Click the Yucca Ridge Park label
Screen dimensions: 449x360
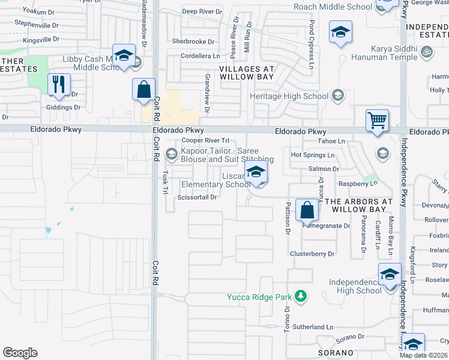coord(259,297)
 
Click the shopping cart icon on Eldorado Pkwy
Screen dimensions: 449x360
coord(377,121)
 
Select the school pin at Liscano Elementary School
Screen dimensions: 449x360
coord(256,173)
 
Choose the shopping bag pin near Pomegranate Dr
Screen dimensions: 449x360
coord(307,211)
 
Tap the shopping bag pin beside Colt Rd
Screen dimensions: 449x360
coord(144,90)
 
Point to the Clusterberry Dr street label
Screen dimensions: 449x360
coord(312,254)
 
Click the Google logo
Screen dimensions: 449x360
coord(20,353)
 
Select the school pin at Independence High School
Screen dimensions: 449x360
coord(390,275)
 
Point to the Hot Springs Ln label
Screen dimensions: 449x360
coord(312,155)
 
